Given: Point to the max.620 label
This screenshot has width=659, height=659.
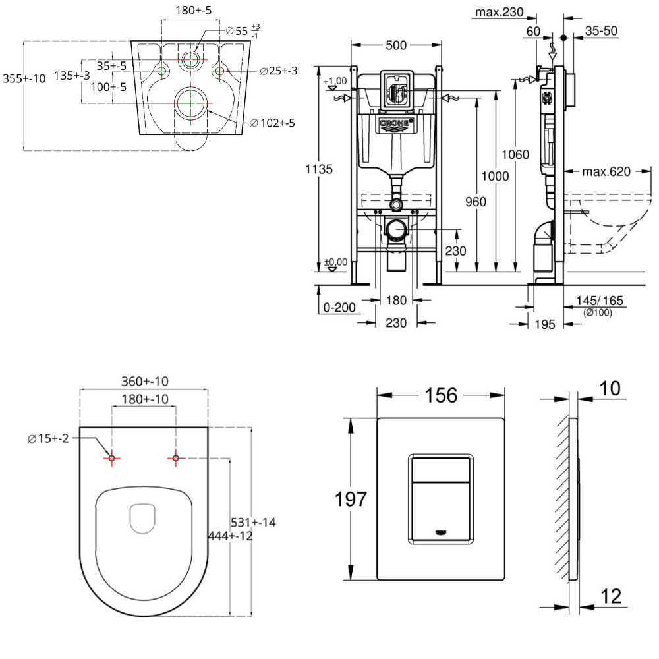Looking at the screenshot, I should coord(606,172).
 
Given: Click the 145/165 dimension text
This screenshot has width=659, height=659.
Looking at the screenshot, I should coord(600,301).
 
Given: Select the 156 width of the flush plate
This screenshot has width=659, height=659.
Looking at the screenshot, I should coord(440,395).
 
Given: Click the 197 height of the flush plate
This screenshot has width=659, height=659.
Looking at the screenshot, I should coord(350,499).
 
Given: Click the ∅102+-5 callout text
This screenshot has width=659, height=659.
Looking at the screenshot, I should coord(272,123).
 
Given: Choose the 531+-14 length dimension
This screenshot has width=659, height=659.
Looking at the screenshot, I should coord(252,523).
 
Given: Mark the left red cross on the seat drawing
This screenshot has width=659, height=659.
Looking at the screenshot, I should coord(111,458).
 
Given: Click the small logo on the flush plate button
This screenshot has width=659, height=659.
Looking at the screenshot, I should coord(441,532).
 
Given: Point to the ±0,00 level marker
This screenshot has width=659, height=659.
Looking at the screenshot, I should coord(335,262).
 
